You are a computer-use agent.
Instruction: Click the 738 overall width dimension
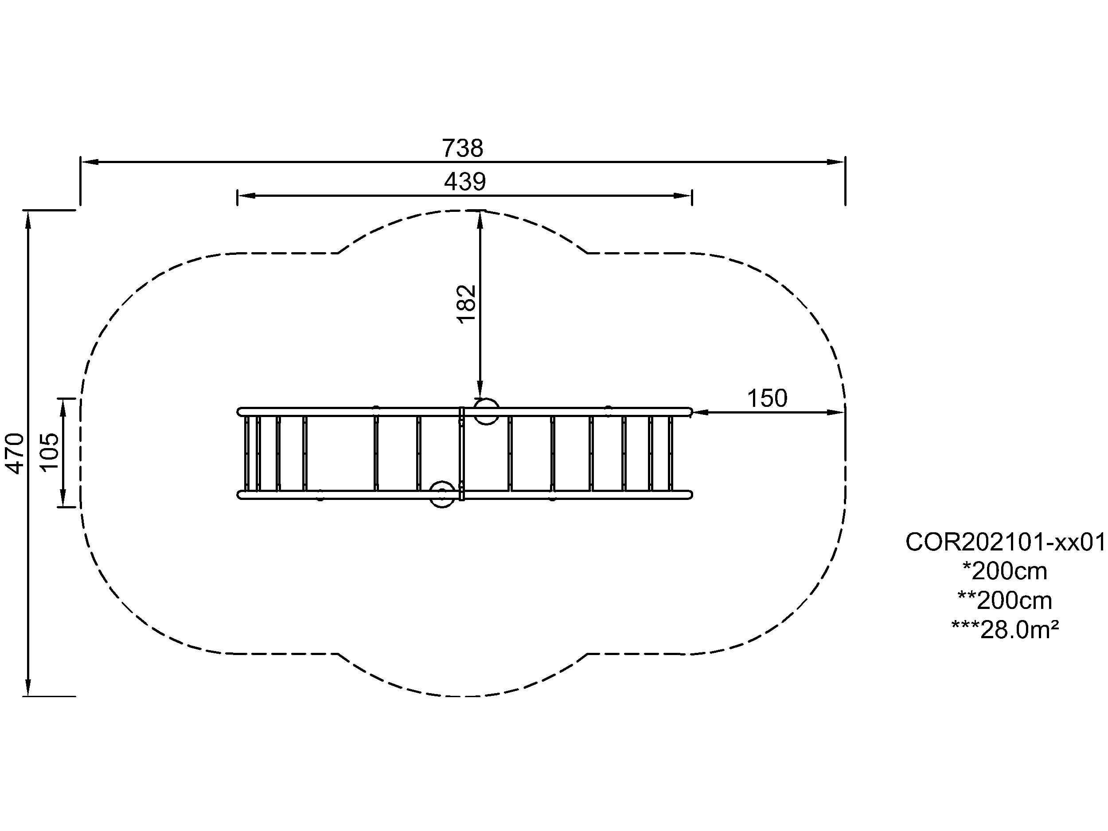(x=462, y=148)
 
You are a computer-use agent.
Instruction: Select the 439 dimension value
(x=465, y=182)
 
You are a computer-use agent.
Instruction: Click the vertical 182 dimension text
(x=466, y=304)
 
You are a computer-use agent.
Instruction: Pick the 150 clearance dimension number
(x=767, y=399)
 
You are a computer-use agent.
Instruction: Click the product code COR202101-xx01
(x=1005, y=542)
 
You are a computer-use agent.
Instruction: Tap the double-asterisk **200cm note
(x=1005, y=601)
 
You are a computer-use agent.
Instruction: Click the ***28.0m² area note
(x=1005, y=630)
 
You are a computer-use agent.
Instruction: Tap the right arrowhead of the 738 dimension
(x=836, y=162)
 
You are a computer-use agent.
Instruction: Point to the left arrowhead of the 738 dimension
(x=90, y=162)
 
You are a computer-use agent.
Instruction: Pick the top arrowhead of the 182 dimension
(x=480, y=220)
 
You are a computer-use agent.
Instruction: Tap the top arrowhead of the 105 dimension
(x=63, y=408)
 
